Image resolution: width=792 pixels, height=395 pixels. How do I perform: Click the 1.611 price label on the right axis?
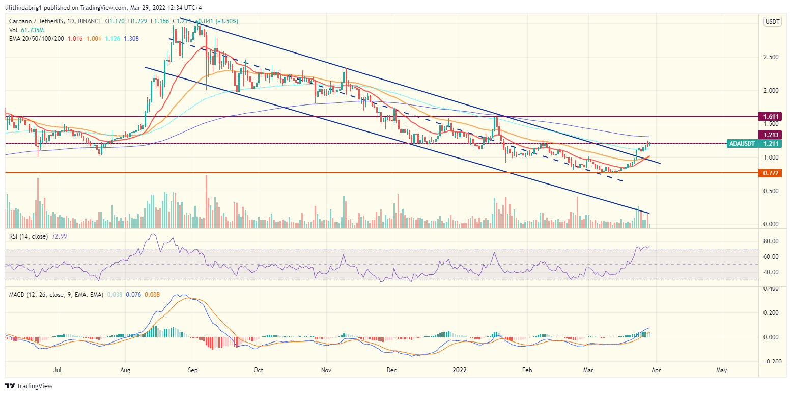coord(769,117)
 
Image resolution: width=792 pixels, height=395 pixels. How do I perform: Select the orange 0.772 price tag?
coord(769,173)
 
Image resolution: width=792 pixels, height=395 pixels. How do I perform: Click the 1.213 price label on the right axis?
coord(769,135)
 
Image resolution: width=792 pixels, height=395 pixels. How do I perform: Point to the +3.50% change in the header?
coord(225,21)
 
